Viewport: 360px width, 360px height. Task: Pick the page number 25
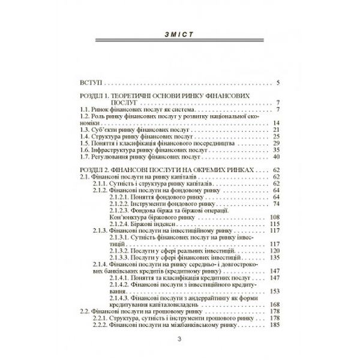(277, 137)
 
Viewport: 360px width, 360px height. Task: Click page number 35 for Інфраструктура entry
(277, 150)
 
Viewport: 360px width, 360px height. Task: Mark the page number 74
(277, 203)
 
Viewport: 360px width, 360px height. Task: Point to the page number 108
(275, 217)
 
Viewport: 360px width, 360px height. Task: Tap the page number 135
(275, 257)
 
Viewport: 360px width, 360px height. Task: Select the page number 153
(275, 291)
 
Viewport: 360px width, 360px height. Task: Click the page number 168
(275, 304)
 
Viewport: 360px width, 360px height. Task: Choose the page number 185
(275, 325)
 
